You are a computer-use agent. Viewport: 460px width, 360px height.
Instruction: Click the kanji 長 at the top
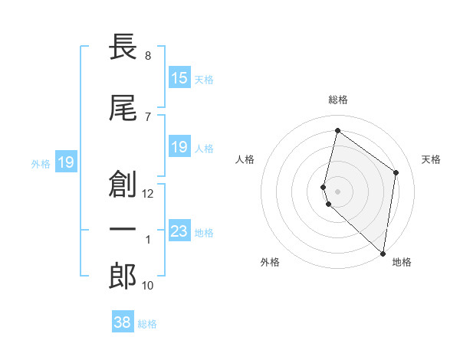[123, 48]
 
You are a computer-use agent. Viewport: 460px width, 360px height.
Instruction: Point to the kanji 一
[123, 229]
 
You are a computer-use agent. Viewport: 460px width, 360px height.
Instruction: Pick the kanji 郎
[123, 277]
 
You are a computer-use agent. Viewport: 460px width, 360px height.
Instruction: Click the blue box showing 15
[179, 78]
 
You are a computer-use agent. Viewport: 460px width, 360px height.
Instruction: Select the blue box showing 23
[179, 231]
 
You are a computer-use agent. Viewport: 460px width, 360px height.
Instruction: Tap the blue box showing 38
[123, 322]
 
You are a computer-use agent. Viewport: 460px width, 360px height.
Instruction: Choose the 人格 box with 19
[179, 147]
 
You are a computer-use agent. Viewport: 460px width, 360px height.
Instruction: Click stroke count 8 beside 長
[147, 56]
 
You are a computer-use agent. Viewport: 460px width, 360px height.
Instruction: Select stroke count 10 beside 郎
[148, 286]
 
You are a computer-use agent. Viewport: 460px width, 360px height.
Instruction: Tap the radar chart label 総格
[338, 100]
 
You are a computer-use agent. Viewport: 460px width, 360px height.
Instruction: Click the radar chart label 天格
[431, 159]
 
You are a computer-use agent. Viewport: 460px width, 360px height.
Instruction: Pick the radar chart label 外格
[270, 262]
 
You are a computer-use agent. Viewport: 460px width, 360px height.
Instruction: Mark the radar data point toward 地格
[383, 254]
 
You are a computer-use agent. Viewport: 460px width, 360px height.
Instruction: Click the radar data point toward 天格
[396, 172]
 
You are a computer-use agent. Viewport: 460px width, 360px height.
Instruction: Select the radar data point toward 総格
[337, 131]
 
